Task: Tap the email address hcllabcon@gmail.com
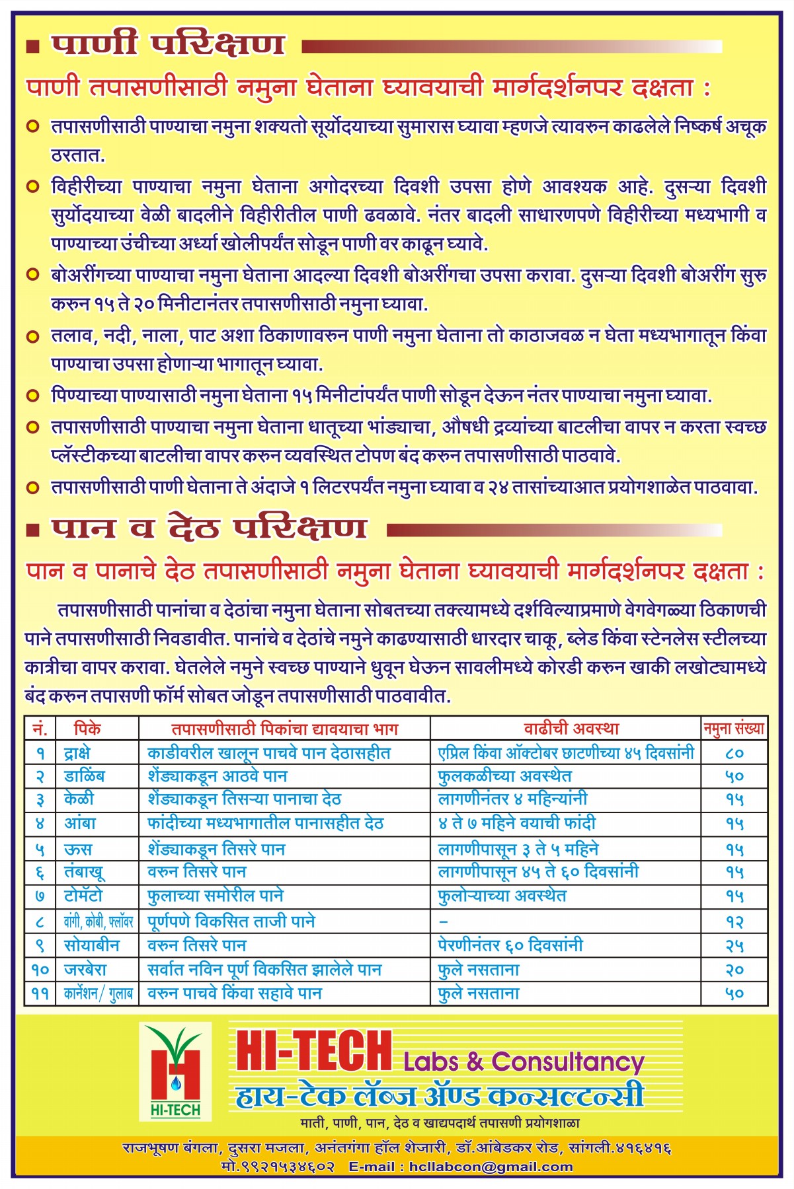[491, 1167]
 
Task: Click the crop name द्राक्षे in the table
[77, 752]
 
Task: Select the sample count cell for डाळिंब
[734, 776]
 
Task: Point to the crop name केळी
[79, 799]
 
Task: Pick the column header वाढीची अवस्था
[571, 729]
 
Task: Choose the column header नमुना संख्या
[734, 729]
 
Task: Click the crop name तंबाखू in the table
[84, 872]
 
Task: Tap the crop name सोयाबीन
[91, 945]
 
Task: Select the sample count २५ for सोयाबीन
[734, 946]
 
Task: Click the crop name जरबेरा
[85, 970]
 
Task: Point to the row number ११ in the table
[40, 993]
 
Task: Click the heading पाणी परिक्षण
[168, 44]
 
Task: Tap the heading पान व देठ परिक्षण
[209, 527]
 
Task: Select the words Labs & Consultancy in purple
[524, 1062]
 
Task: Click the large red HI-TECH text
[314, 1052]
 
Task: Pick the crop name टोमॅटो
[83, 896]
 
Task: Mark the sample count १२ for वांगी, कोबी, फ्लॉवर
[734, 922]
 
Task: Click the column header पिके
[87, 729]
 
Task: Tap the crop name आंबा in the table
[80, 824]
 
